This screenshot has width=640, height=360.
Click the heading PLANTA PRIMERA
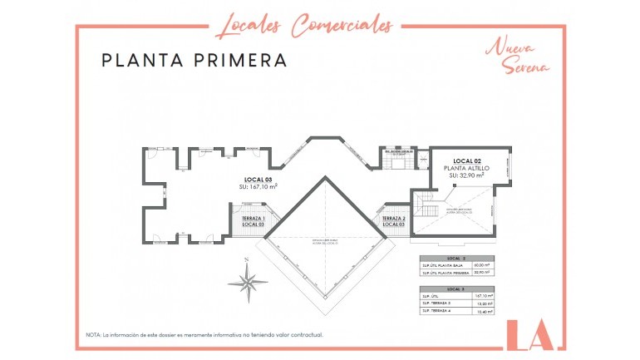pyautogui.click(x=194, y=61)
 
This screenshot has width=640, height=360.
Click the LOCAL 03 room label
pyautogui.click(x=258, y=179)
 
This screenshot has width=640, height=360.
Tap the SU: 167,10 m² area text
pyautogui.click(x=258, y=187)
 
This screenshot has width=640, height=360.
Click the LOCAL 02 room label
pyautogui.click(x=468, y=160)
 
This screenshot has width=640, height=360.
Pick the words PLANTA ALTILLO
pyautogui.click(x=467, y=168)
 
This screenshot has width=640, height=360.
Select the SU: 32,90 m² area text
pyautogui.click(x=467, y=176)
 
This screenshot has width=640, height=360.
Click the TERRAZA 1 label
pyautogui.click(x=253, y=218)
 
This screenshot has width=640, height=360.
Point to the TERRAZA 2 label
pyautogui.click(x=393, y=218)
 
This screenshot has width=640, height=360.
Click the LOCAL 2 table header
pyautogui.click(x=456, y=259)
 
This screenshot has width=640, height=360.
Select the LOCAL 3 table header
pyautogui.click(x=456, y=288)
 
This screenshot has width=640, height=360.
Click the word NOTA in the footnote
pyautogui.click(x=93, y=334)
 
